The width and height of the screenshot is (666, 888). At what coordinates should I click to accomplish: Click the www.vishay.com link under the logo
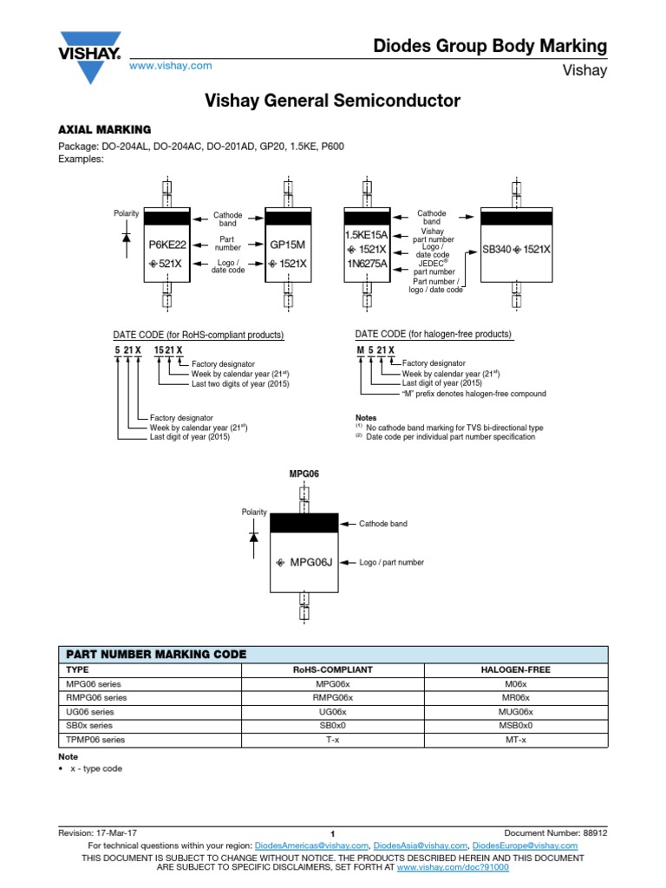[x=170, y=66]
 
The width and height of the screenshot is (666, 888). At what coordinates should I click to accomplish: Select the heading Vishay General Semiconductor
[x=332, y=101]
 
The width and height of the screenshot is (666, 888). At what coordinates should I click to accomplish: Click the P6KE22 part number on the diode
[x=167, y=245]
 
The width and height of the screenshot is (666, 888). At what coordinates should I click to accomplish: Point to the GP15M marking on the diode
[x=289, y=245]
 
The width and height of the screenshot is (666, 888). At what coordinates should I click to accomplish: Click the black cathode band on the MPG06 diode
[x=304, y=523]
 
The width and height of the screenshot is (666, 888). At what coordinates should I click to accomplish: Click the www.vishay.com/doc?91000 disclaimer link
[x=453, y=866]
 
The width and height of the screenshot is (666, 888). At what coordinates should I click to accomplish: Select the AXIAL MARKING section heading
[x=105, y=129]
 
